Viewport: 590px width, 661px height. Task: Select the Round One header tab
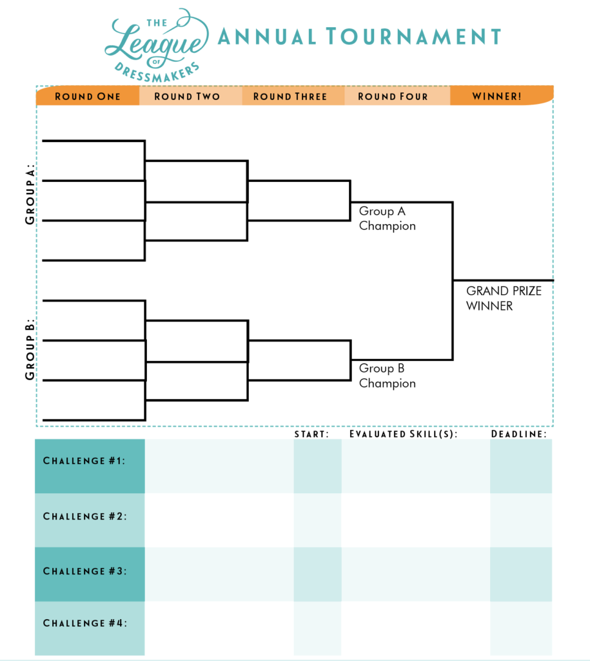[88, 96]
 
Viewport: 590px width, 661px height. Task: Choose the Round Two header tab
[187, 96]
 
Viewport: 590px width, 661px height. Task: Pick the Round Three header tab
[290, 96]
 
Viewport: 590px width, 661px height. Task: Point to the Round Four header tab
[393, 96]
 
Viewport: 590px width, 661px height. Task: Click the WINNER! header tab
[497, 96]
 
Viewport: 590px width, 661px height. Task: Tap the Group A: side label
[30, 194]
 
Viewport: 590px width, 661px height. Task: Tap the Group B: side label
[30, 349]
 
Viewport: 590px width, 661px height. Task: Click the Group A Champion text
[387, 218]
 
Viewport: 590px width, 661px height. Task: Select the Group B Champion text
[387, 376]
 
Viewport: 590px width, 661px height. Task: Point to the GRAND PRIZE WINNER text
[504, 298]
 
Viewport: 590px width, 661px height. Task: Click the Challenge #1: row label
[84, 461]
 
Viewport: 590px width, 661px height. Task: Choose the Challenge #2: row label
[84, 516]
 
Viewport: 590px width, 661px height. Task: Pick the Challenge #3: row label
[84, 571]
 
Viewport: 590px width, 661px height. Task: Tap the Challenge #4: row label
[84, 623]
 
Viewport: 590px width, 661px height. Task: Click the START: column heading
[311, 434]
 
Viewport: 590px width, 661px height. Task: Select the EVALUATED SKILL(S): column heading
[403, 434]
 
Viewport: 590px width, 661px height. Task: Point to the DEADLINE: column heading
[518, 434]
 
